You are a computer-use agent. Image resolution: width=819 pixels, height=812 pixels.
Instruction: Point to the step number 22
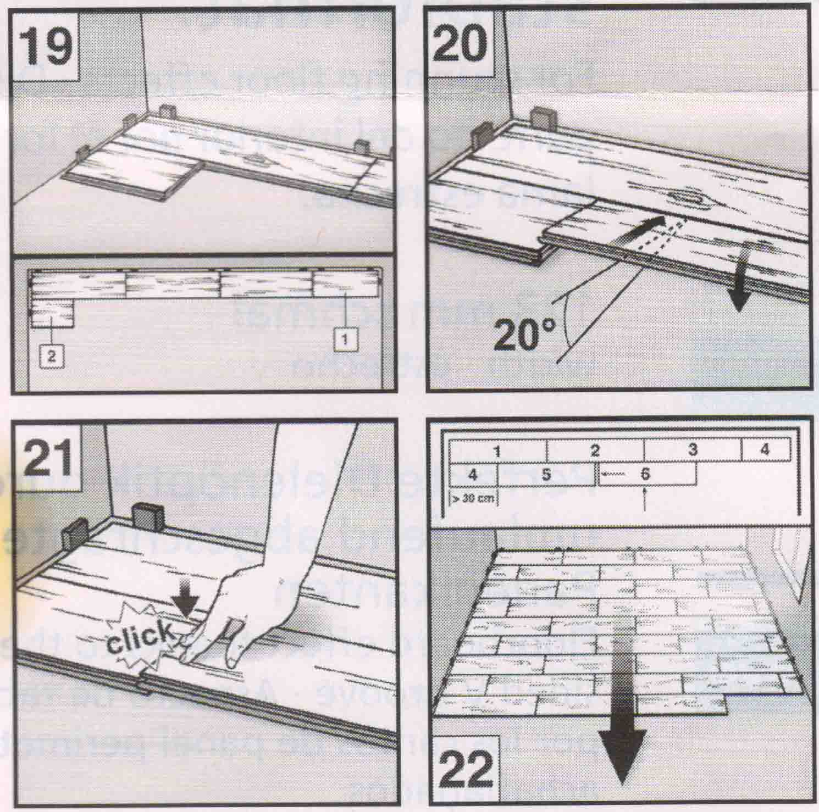tap(467, 772)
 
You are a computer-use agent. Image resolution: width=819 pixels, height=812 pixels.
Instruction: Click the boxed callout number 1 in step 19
tap(345, 340)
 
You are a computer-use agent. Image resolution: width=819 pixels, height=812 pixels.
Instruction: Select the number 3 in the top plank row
tap(693, 450)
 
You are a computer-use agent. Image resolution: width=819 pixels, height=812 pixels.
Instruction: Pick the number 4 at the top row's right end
tap(765, 450)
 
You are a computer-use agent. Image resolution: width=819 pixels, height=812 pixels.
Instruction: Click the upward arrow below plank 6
tap(645, 500)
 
